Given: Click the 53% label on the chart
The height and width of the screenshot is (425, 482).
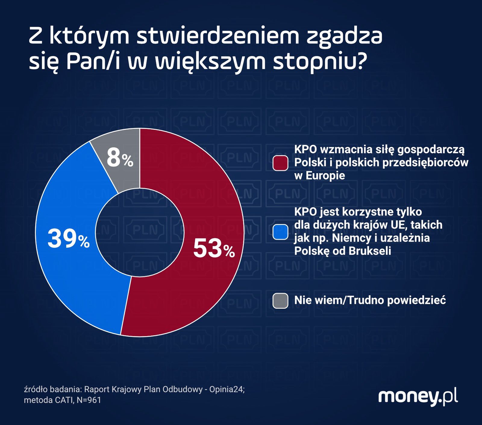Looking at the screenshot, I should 214,248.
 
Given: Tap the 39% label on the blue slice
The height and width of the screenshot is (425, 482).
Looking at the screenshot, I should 68,239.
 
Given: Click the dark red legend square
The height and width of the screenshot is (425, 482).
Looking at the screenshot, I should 280,163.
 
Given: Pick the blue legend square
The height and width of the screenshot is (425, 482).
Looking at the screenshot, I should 280,232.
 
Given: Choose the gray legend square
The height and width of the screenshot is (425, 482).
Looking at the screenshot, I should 280,301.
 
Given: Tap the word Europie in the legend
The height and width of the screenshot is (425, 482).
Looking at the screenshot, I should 325,176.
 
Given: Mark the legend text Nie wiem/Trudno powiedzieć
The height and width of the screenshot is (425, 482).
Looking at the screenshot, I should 370,300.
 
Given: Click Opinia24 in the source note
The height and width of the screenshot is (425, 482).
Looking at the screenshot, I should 226,389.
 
